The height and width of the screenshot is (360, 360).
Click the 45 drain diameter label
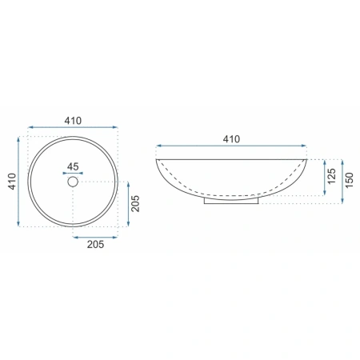pyautogui.click(x=73, y=166)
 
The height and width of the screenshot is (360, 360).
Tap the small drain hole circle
pyautogui.click(x=73, y=182)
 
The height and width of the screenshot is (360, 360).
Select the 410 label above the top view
pyautogui.click(x=73, y=121)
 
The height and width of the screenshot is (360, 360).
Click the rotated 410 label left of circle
pyautogui.click(x=12, y=182)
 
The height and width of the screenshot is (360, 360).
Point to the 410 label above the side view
pyautogui.click(x=231, y=139)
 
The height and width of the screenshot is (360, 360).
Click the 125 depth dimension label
pyautogui.click(x=331, y=176)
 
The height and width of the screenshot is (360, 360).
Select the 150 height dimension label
pyautogui.click(x=349, y=180)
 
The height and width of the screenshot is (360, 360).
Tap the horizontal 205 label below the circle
pyautogui.click(x=95, y=244)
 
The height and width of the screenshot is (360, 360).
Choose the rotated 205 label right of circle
pyautogui.click(x=135, y=204)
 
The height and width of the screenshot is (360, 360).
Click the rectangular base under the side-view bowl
pyautogui.click(x=231, y=202)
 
